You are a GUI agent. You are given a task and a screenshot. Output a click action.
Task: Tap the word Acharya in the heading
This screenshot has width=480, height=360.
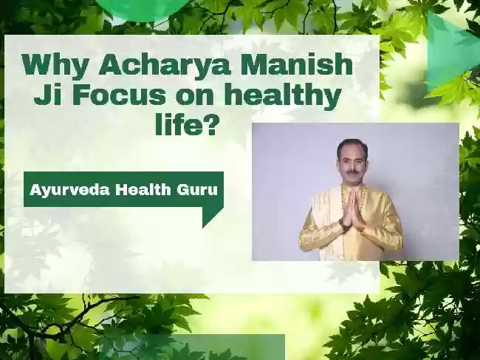164,65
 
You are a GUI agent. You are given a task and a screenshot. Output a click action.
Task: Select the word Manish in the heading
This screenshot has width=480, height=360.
296,64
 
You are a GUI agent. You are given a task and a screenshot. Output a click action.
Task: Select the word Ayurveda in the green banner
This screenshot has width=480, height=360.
69,190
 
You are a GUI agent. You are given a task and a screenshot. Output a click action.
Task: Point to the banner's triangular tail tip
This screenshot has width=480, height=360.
202,228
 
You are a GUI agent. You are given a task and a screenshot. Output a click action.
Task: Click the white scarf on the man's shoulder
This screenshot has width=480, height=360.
326,220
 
